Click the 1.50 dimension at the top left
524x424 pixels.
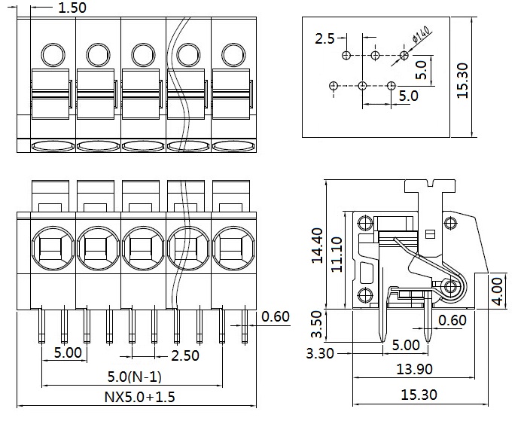tap(72, 8)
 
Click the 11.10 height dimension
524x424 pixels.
tap(337, 253)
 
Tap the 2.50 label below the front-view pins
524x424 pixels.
tap(185, 355)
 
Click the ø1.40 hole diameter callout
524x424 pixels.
tap(420, 35)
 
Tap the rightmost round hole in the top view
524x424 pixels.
tap(233, 54)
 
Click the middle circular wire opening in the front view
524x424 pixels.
tap(142, 247)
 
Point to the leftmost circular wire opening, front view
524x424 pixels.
tap(51, 247)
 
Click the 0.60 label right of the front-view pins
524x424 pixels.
tap(275, 317)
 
